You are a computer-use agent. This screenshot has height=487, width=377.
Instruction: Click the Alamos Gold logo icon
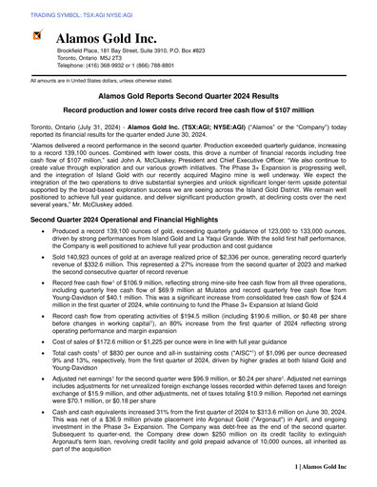tap(37, 36)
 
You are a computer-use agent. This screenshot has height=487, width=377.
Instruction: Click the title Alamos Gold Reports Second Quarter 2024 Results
tap(188, 97)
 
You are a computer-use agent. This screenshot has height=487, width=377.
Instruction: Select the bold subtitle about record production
tap(188, 111)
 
